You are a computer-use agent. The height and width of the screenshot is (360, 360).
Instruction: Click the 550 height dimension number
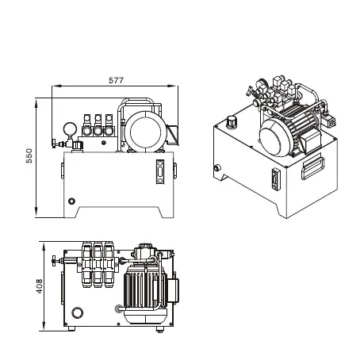tap(29, 158)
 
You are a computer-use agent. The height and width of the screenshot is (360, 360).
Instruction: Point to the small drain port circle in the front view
tap(71, 202)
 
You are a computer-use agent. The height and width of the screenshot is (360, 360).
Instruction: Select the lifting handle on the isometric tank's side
tap(313, 163)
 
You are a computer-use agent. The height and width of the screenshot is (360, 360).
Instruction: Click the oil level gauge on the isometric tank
tap(276, 179)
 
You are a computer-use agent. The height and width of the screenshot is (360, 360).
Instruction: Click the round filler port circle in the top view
tap(78, 311)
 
